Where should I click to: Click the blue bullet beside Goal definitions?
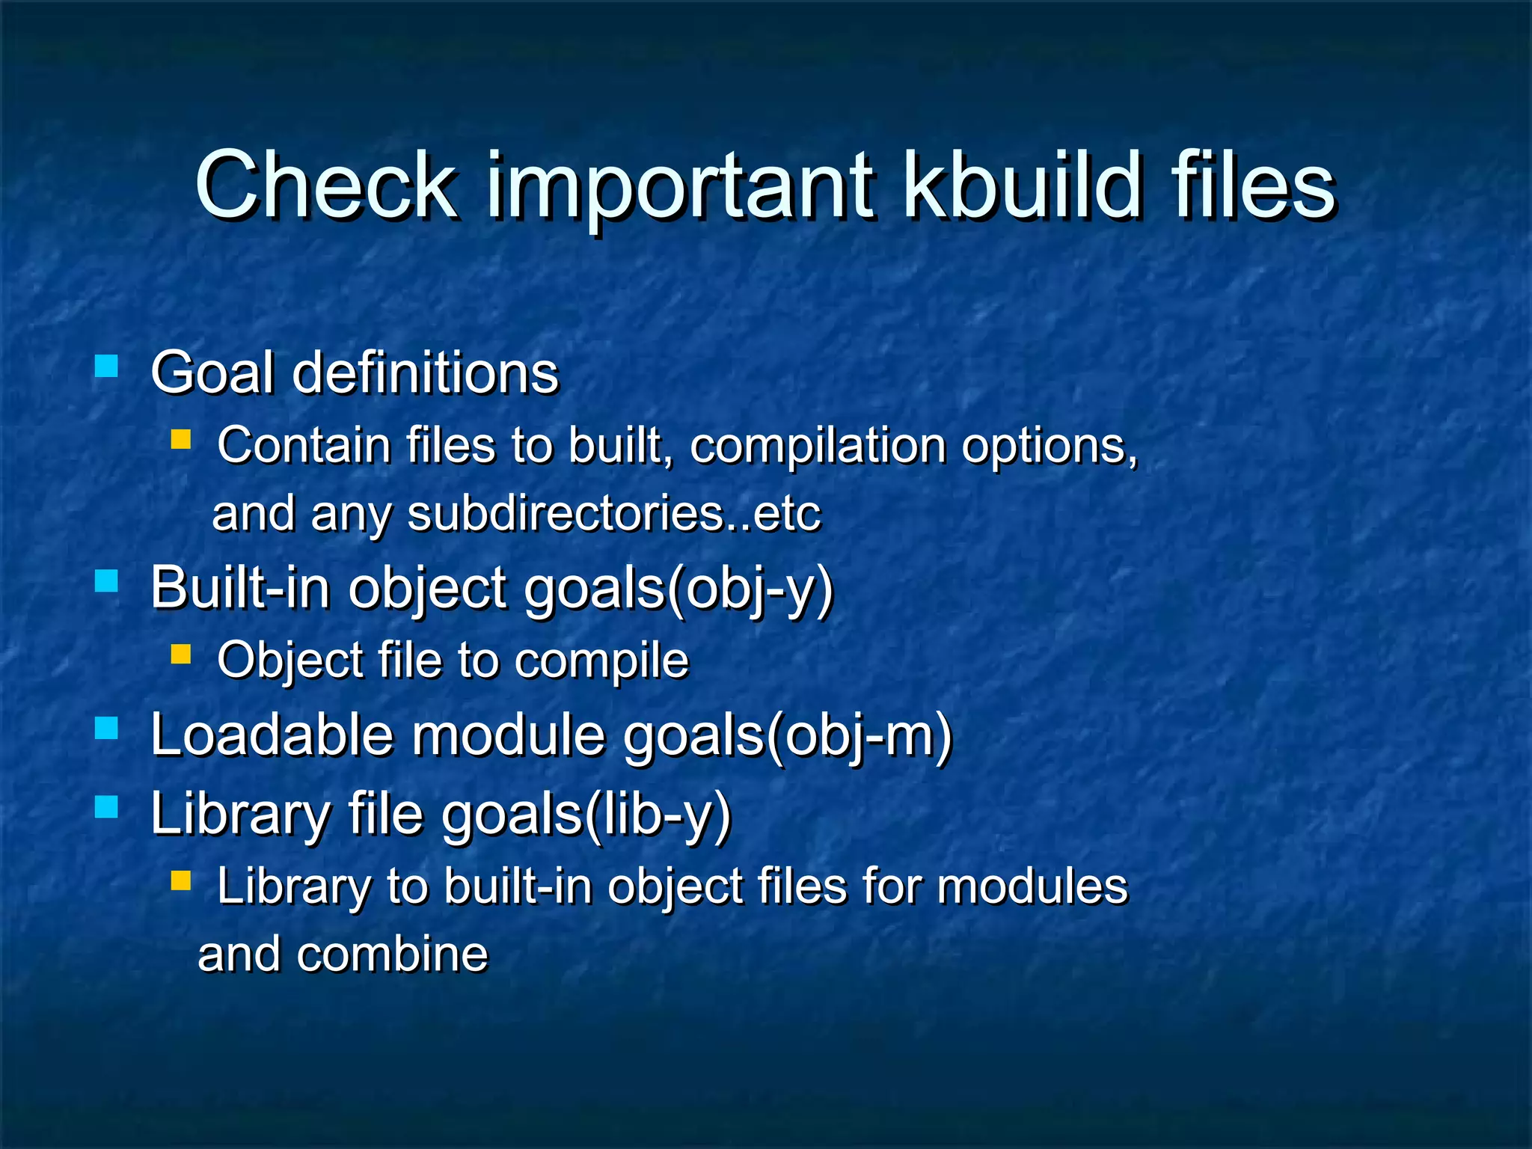107,367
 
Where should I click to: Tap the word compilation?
818,447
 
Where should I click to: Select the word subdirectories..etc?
614,514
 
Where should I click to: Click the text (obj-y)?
750,589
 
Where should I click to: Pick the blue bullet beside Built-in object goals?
107,581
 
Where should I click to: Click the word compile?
601,661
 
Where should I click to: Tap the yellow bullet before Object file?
181,655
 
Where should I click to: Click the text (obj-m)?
860,736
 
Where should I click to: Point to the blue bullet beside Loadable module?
107,728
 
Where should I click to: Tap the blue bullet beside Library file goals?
107,807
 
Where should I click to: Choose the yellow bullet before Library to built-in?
181,880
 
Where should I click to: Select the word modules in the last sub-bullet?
1032,886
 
